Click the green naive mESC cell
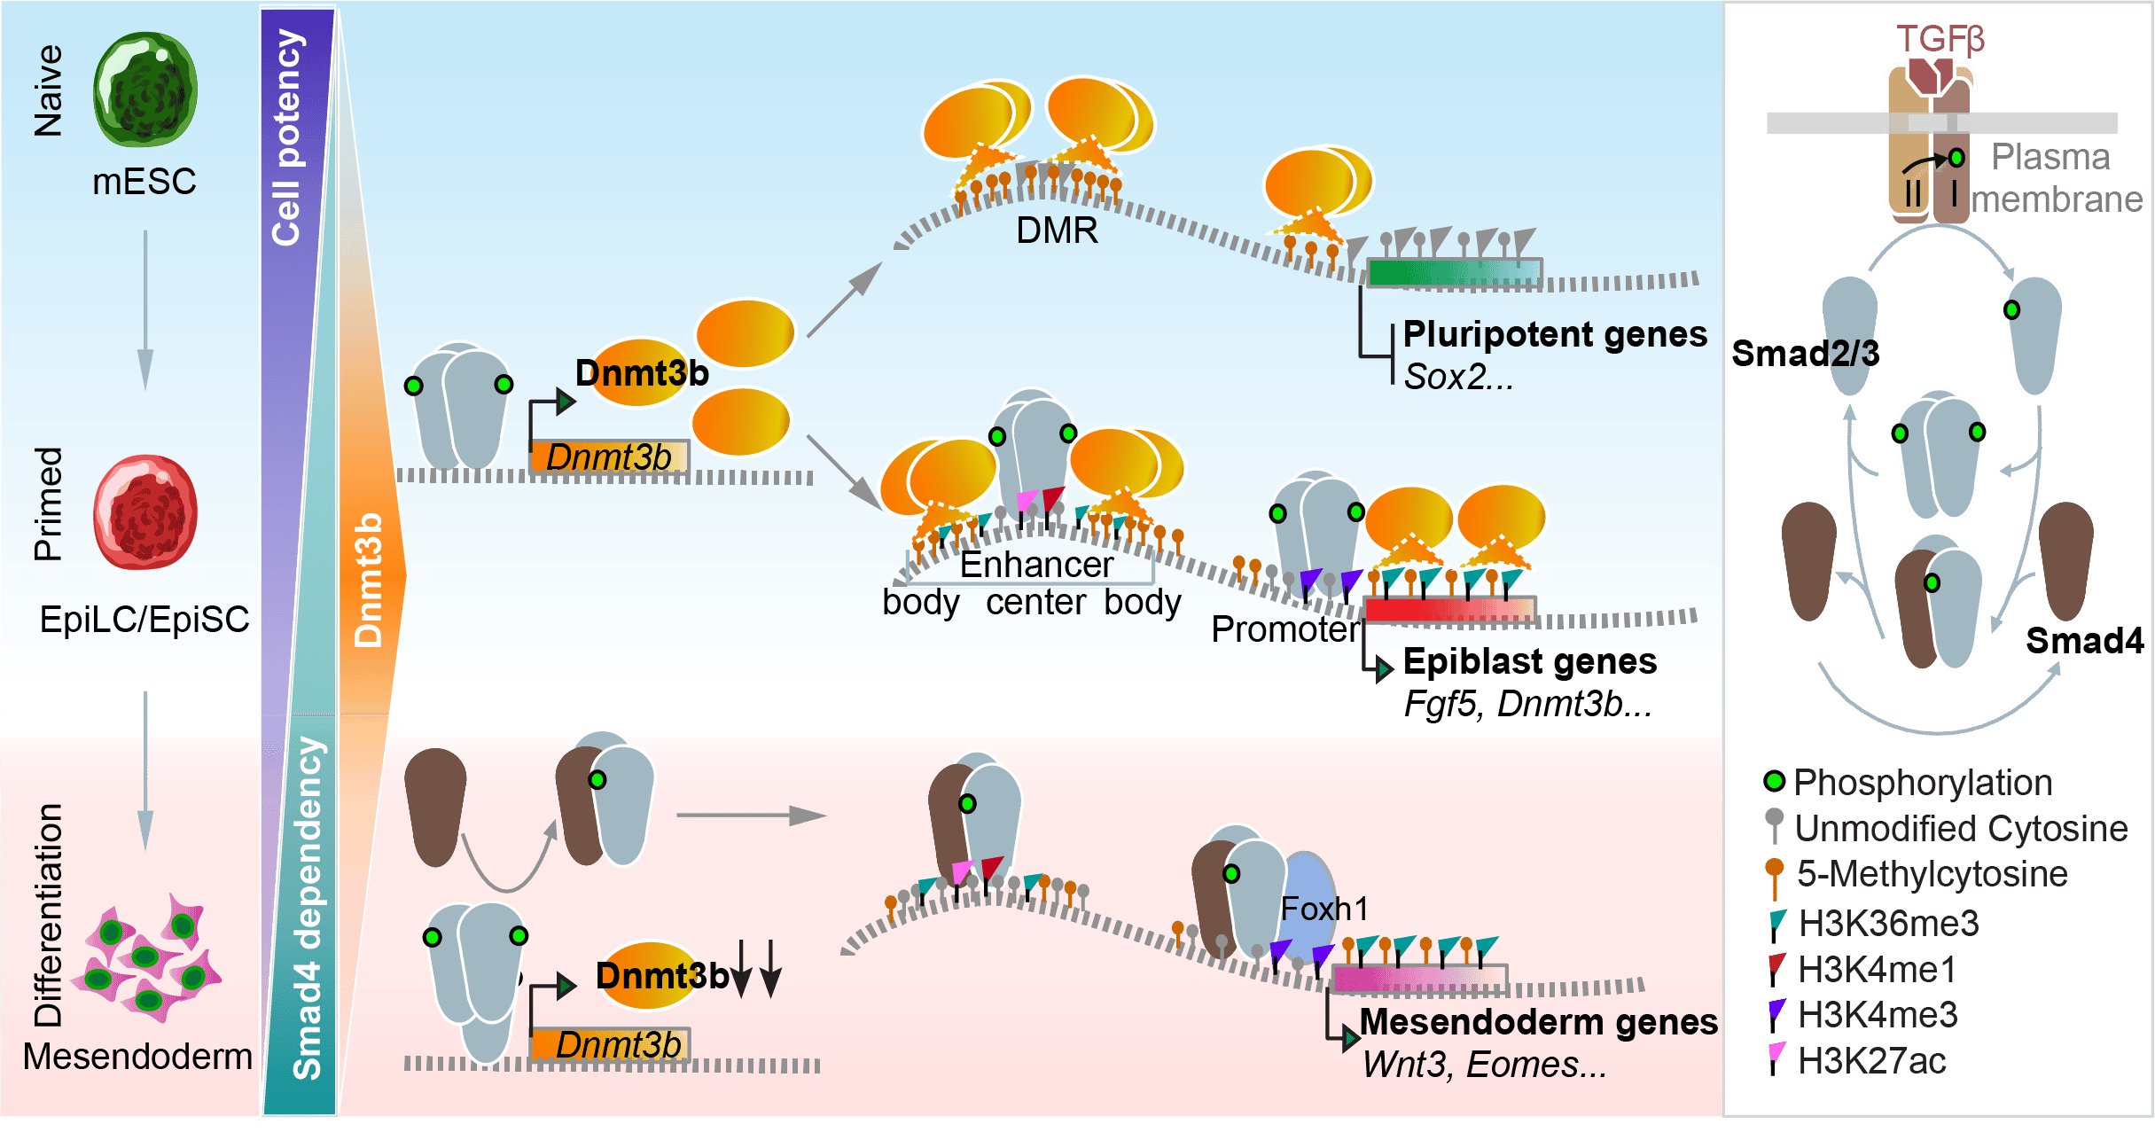145,90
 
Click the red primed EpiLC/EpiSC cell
145,512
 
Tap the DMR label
1057,230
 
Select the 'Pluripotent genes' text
1555,335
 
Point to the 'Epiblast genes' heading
1530,661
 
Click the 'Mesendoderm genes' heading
1538,1022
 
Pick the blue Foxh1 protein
1310,909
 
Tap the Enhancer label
1036,565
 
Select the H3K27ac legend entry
1870,1061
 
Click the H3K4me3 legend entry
1877,1015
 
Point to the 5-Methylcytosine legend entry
1931,874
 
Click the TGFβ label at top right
1940,40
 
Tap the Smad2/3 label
1805,354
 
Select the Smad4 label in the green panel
2083,640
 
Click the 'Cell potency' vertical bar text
288,137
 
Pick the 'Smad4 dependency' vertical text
308,909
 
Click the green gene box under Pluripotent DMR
1454,272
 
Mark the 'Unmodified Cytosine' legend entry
1960,829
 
